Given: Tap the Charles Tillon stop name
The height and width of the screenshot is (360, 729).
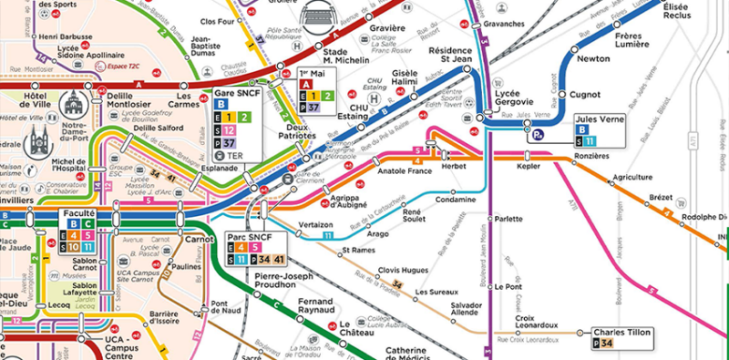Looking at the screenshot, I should pyautogui.click(x=621, y=332).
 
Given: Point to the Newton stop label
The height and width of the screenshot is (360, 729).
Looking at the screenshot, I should pyautogui.click(x=593, y=58).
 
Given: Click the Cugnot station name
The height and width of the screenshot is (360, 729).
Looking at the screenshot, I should pyautogui.click(x=584, y=94).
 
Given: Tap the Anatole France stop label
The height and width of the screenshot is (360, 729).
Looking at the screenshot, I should pyautogui.click(x=404, y=170).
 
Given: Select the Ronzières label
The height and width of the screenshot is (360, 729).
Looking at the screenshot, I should pyautogui.click(x=591, y=156).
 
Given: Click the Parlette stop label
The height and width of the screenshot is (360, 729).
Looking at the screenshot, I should pyautogui.click(x=508, y=220).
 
